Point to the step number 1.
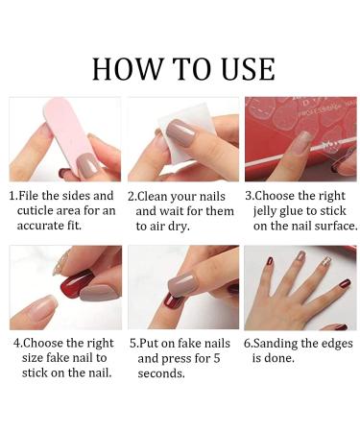(12, 195)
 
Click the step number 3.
(249, 195)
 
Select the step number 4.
(16, 343)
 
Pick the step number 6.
(248, 343)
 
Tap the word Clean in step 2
(158, 195)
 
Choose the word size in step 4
(30, 358)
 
